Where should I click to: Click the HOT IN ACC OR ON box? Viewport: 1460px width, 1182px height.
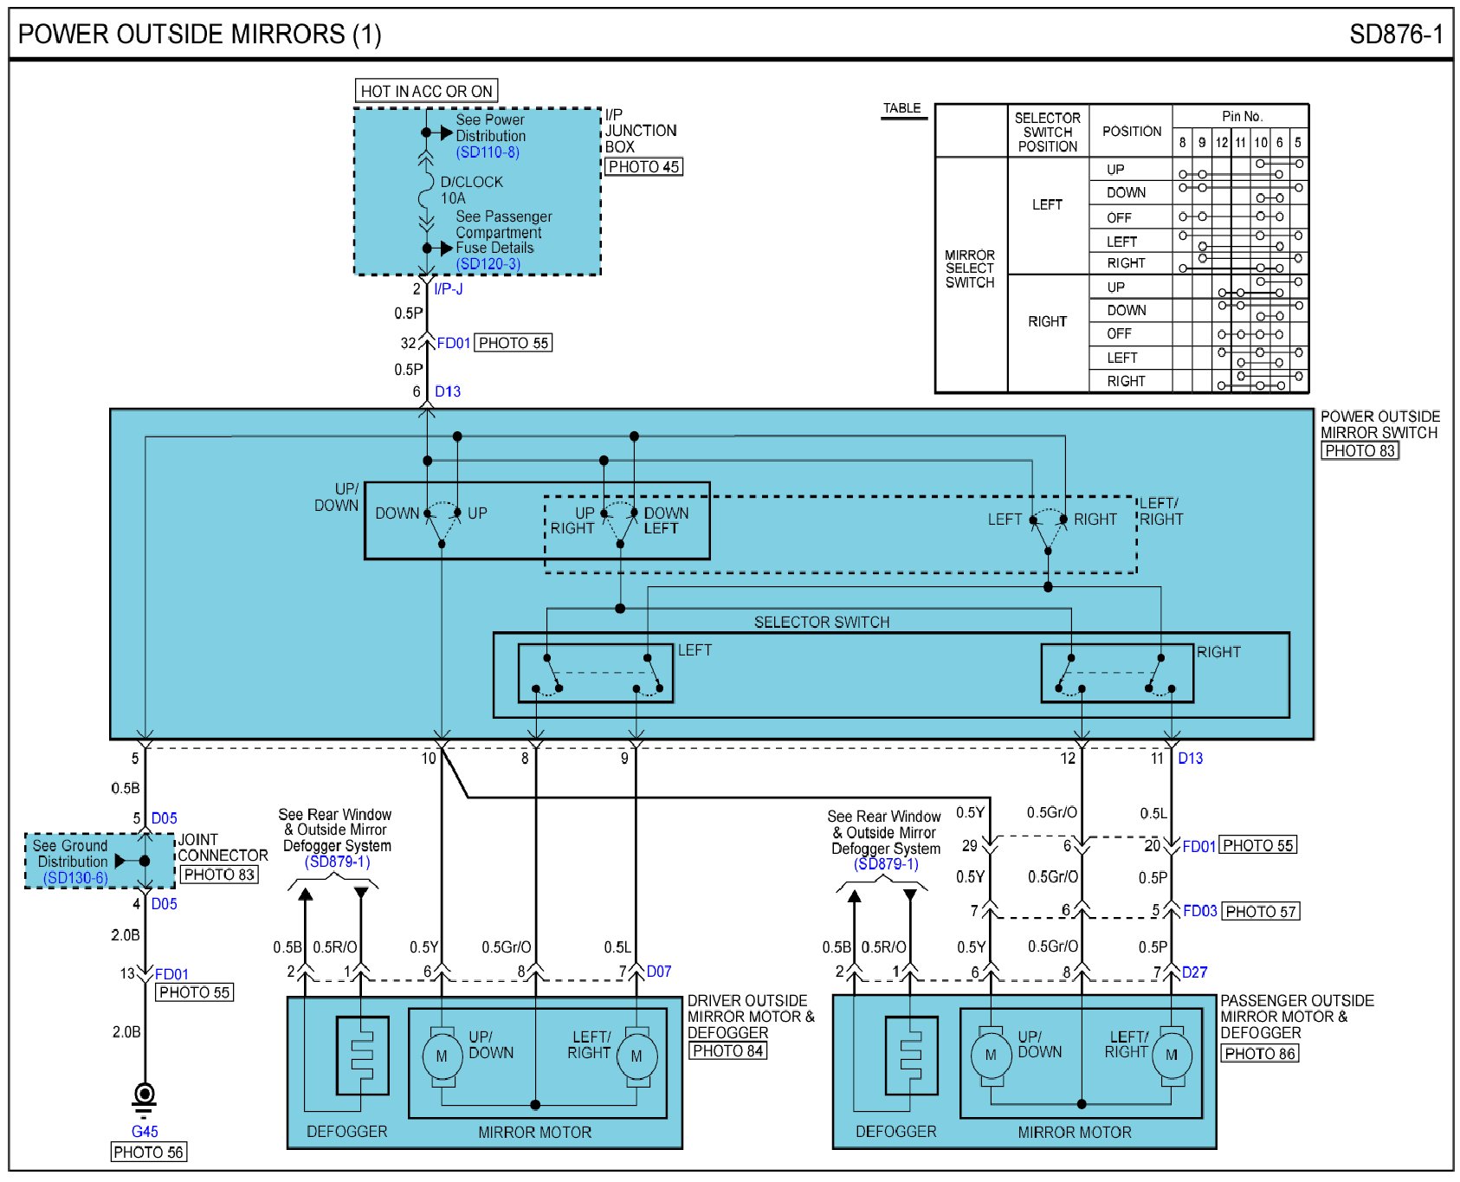[x=426, y=91]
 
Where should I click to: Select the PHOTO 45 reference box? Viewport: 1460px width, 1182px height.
[x=643, y=167]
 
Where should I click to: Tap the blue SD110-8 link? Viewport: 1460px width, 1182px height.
[x=488, y=152]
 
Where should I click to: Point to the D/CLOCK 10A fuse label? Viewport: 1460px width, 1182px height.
[x=470, y=190]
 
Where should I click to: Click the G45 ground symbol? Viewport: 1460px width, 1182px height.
[x=145, y=1096]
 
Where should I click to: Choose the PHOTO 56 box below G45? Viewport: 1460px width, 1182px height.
[x=149, y=1152]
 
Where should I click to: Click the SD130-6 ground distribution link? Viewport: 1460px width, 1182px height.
[x=75, y=878]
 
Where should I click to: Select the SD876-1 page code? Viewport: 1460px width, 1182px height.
[x=1395, y=35]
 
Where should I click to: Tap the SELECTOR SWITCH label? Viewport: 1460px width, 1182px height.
[x=821, y=622]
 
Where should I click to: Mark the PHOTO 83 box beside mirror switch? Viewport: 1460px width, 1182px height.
[x=1360, y=450]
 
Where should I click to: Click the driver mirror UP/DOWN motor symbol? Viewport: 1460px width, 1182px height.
[x=442, y=1056]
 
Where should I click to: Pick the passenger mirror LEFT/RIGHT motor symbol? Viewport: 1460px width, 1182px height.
[x=1171, y=1055]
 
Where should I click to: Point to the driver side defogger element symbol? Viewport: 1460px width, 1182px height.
[x=361, y=1056]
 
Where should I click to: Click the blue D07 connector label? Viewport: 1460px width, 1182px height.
[x=659, y=972]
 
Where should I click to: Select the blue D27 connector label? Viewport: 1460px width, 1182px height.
[x=1194, y=972]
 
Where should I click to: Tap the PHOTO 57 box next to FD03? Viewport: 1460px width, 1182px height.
[x=1260, y=912]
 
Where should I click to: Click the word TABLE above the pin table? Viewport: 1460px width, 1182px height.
[x=901, y=108]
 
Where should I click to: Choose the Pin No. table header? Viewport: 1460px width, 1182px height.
[x=1242, y=116]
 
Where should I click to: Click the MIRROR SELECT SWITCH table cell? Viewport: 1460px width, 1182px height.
[x=970, y=268]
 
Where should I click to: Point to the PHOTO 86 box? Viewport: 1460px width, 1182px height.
[x=1259, y=1054]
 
